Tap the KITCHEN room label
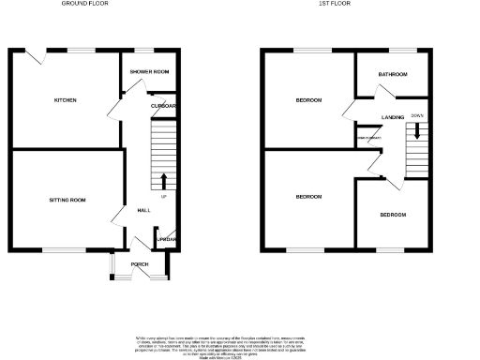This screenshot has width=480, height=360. click(x=65, y=100)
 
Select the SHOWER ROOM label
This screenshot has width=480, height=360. click(x=149, y=72)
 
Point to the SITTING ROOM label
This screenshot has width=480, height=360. click(x=67, y=200)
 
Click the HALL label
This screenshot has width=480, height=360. click(x=144, y=210)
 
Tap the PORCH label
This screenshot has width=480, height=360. click(x=139, y=264)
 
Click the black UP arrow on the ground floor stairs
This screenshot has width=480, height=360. click(x=165, y=180)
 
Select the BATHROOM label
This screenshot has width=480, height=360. click(x=392, y=74)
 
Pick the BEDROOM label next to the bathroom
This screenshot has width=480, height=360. click(x=308, y=100)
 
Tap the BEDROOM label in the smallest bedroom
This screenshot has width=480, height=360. click(x=393, y=215)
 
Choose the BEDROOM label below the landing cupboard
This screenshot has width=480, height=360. click(x=308, y=197)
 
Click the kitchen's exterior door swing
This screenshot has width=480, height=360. click(x=36, y=57)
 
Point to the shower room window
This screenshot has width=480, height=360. click(x=145, y=49)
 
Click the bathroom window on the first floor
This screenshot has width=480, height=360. click(x=402, y=49)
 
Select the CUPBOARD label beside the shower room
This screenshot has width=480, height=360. click(x=164, y=106)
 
